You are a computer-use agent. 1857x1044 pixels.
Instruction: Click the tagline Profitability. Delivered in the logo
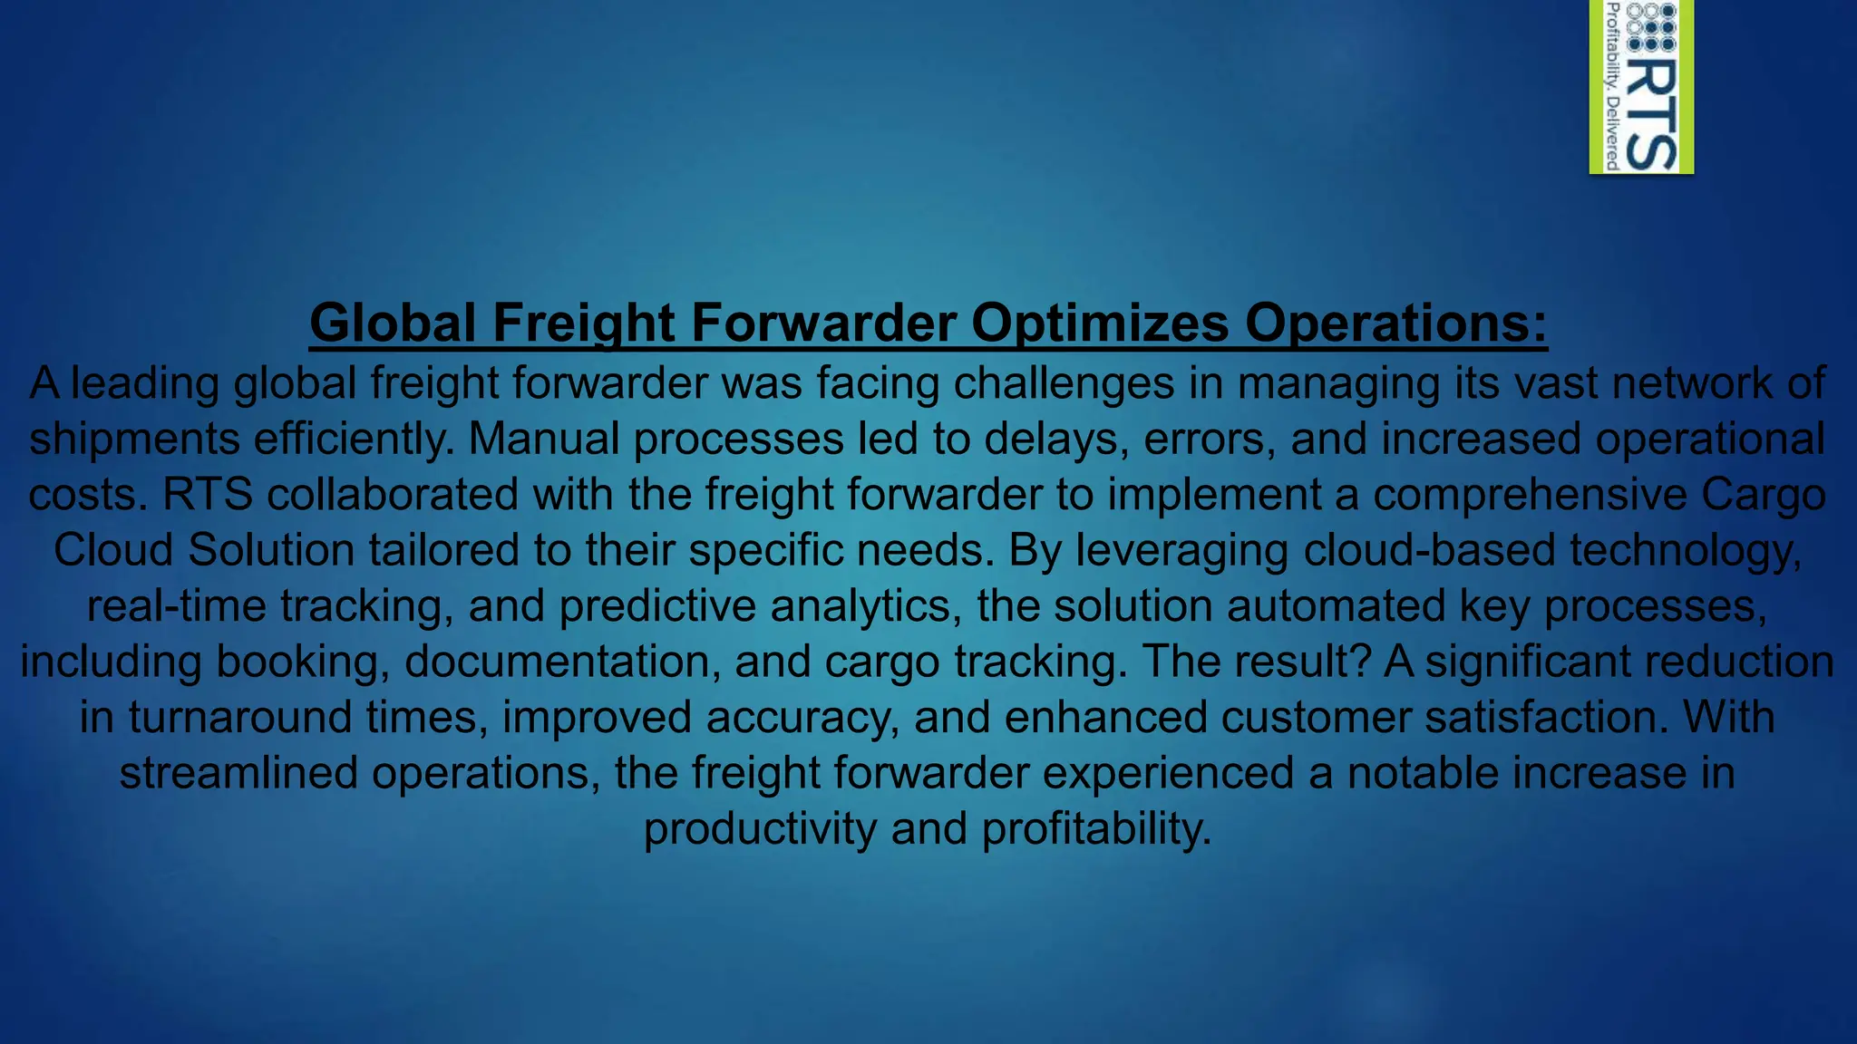[x=1612, y=86]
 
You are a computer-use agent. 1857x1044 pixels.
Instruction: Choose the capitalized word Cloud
[x=113, y=551]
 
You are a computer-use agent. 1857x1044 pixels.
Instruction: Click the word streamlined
[x=238, y=774]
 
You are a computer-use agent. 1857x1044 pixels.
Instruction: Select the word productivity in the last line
[x=760, y=829]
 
